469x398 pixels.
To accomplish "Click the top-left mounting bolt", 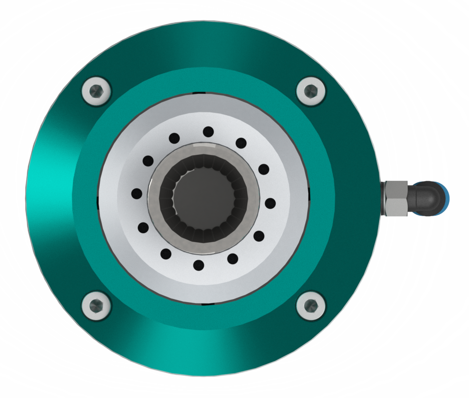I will click(x=95, y=91).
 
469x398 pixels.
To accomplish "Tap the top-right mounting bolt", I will click(x=311, y=91).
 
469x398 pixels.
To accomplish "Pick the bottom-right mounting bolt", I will click(x=311, y=305).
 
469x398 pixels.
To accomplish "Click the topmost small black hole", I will click(x=208, y=132).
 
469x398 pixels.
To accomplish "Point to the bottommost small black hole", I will click(x=199, y=265).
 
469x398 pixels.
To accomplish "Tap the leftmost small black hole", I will click(x=136, y=193).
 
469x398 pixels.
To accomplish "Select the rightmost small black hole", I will click(x=270, y=203).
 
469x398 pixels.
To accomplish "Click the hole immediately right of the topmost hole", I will click(x=241, y=143).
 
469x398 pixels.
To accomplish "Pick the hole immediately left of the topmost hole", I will click(x=174, y=138).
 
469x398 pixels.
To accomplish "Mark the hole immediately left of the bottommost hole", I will click(x=165, y=254).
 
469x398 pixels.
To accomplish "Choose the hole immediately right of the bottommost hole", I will click(x=232, y=259).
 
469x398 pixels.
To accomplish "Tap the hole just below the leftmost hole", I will click(x=143, y=228).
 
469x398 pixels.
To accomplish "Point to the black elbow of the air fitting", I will click(x=425, y=198).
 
